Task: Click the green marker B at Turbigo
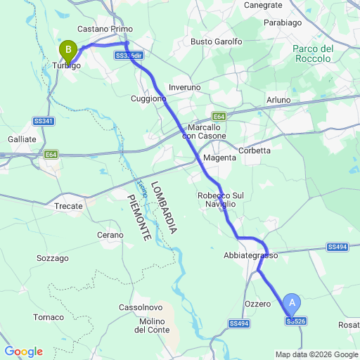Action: click(x=68, y=49)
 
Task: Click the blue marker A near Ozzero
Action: click(x=293, y=304)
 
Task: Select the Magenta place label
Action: click(x=220, y=157)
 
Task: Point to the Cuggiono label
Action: click(x=148, y=99)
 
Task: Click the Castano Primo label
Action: click(x=105, y=29)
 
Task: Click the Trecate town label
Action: click(x=69, y=207)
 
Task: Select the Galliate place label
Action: click(x=22, y=139)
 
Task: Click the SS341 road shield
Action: click(x=43, y=121)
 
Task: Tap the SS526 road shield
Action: click(x=296, y=321)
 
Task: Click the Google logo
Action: click(x=23, y=352)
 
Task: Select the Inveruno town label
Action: click(x=184, y=87)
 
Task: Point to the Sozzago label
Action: click(x=53, y=258)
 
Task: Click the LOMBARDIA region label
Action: click(x=169, y=207)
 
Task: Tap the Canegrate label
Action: click(x=263, y=5)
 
